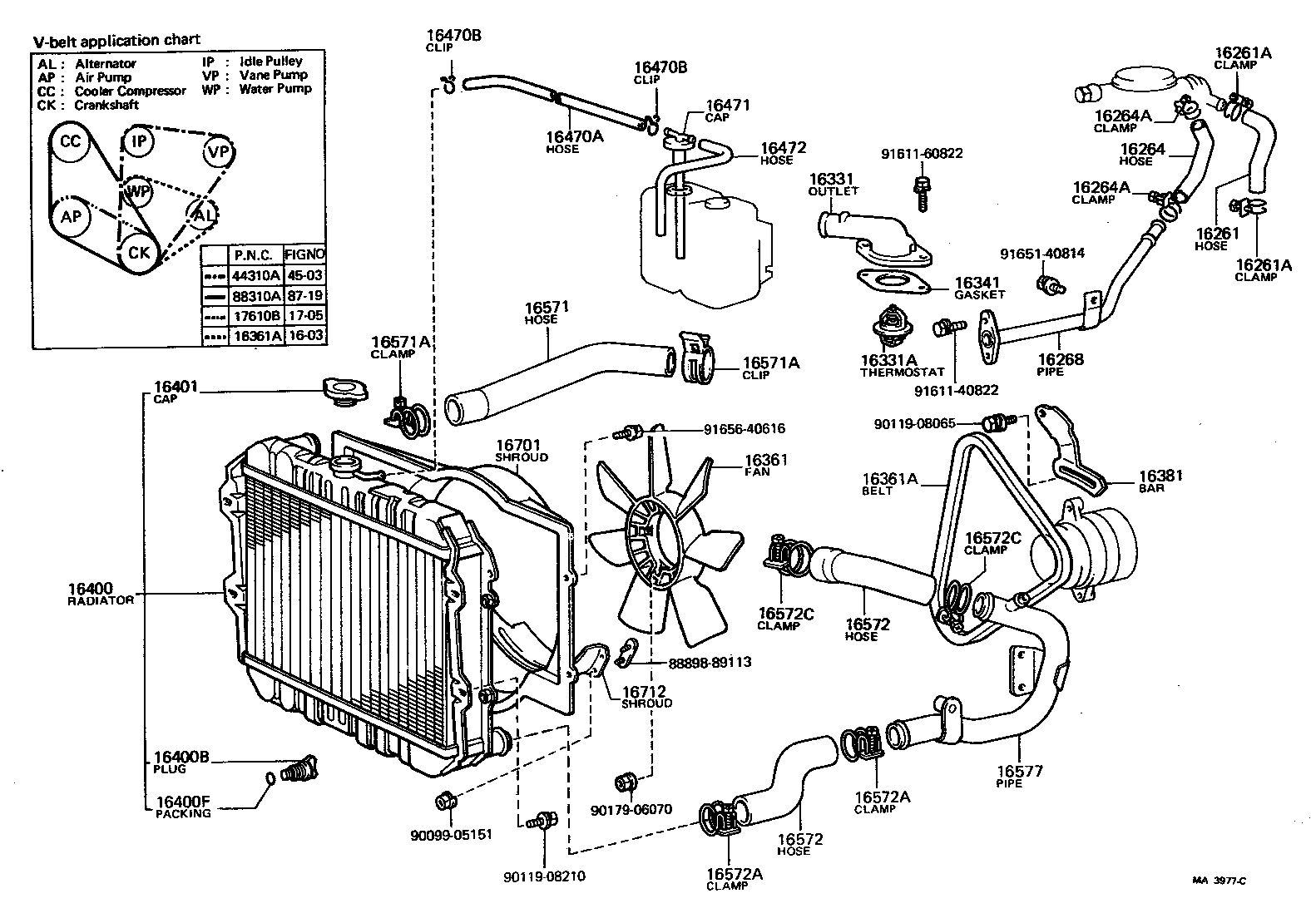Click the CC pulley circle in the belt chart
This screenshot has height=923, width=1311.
click(x=70, y=142)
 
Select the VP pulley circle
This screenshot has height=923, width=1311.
click(x=218, y=152)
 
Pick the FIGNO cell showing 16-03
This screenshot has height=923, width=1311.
click(x=304, y=336)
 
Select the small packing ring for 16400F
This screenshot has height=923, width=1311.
click(x=270, y=779)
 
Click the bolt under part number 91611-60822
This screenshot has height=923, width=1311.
click(x=922, y=190)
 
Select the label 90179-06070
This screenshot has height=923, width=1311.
click(x=631, y=809)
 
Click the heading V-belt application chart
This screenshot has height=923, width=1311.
click(x=116, y=41)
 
